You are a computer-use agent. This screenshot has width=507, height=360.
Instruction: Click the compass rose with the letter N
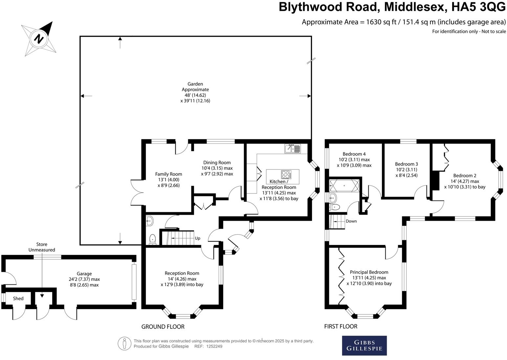pos(39,38)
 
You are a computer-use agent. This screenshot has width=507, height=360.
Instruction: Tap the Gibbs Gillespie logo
pos(364,345)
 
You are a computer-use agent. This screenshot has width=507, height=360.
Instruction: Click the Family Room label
pos(168,180)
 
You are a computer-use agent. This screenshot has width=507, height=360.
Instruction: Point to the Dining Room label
pos(217,168)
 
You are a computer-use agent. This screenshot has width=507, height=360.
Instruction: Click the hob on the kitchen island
pos(285,174)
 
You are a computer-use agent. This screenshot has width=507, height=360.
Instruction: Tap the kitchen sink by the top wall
pos(292,149)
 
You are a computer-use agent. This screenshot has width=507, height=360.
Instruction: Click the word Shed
pos(18,299)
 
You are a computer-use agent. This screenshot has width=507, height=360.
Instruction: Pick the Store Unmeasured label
pos(42,247)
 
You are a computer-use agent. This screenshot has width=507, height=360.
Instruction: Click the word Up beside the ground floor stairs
pos(198,238)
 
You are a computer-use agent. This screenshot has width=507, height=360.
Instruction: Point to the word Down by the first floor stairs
pos(351,221)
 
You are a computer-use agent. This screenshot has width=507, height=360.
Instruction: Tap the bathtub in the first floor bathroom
pos(344,186)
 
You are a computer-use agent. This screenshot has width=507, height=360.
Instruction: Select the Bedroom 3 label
pos(406,169)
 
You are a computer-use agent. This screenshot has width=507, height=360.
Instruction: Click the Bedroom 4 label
pos(354,160)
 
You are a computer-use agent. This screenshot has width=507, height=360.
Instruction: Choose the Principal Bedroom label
pos(369,278)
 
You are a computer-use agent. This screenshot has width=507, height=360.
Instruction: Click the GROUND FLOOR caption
pos(163,326)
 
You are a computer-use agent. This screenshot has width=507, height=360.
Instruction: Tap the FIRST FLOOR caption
pos(341,326)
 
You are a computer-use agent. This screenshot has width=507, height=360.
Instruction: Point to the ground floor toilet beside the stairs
pos(152,239)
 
